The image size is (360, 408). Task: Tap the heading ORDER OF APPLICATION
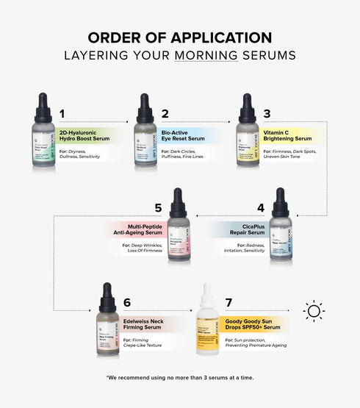(x=180, y=37)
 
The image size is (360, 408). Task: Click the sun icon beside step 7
(x=314, y=311)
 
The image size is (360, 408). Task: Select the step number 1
(x=62, y=114)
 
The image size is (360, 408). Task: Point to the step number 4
(x=260, y=208)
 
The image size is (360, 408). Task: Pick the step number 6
(x=126, y=303)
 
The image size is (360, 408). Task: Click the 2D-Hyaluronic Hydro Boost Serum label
(x=84, y=135)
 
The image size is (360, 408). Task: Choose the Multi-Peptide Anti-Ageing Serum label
(x=142, y=229)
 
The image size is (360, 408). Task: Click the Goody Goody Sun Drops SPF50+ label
(x=251, y=323)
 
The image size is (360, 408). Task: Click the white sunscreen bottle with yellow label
(x=209, y=323)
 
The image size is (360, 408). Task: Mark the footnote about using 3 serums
(x=180, y=377)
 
